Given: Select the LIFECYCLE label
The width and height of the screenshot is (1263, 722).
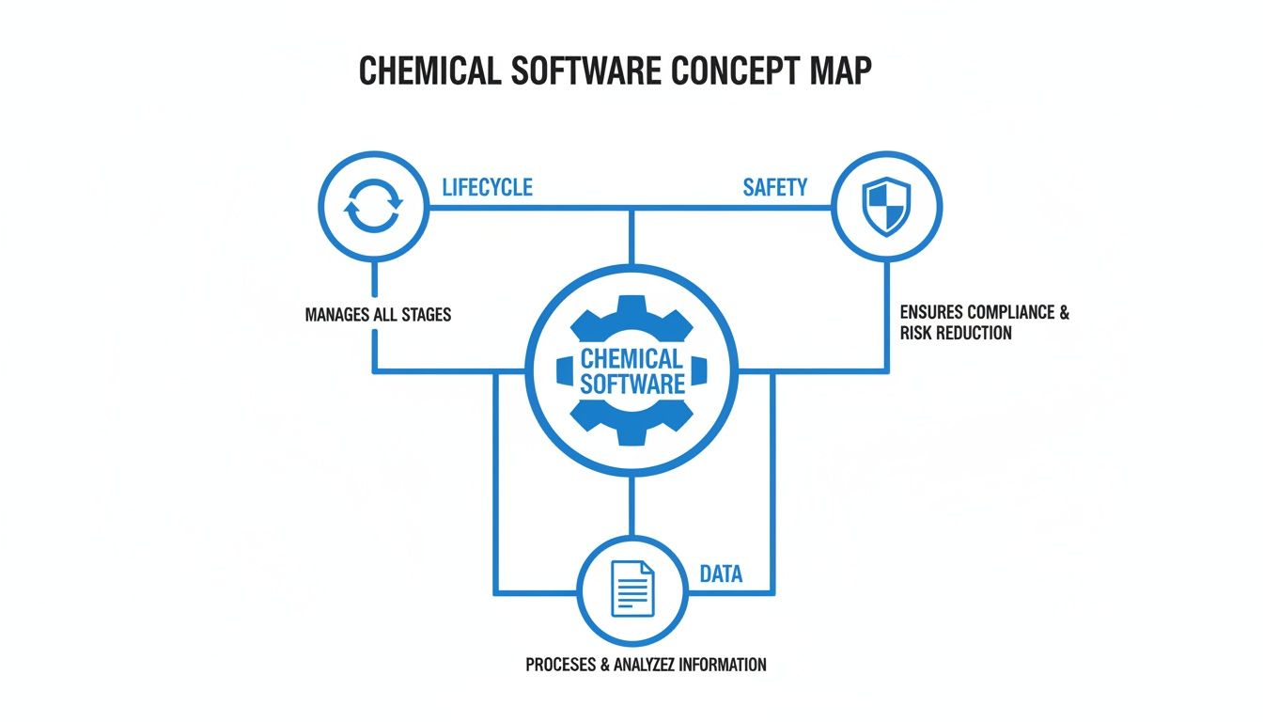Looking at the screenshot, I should (x=487, y=187).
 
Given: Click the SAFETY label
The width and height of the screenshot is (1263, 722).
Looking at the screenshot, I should (x=774, y=187).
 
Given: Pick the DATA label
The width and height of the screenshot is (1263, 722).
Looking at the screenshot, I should (x=721, y=573).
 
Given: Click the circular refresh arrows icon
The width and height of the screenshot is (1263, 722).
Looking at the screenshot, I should (x=374, y=207).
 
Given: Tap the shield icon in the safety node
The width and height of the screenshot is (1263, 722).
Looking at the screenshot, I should (x=886, y=207).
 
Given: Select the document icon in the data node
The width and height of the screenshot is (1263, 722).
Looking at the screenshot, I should (x=631, y=589).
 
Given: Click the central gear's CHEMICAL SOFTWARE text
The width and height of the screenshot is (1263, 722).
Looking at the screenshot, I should (x=631, y=371).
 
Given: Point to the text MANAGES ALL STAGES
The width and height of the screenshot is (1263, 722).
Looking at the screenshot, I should (x=378, y=314).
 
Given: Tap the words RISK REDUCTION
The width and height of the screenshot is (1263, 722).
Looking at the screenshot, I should (x=956, y=333).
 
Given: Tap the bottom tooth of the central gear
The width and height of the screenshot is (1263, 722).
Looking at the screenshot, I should (x=631, y=434).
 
